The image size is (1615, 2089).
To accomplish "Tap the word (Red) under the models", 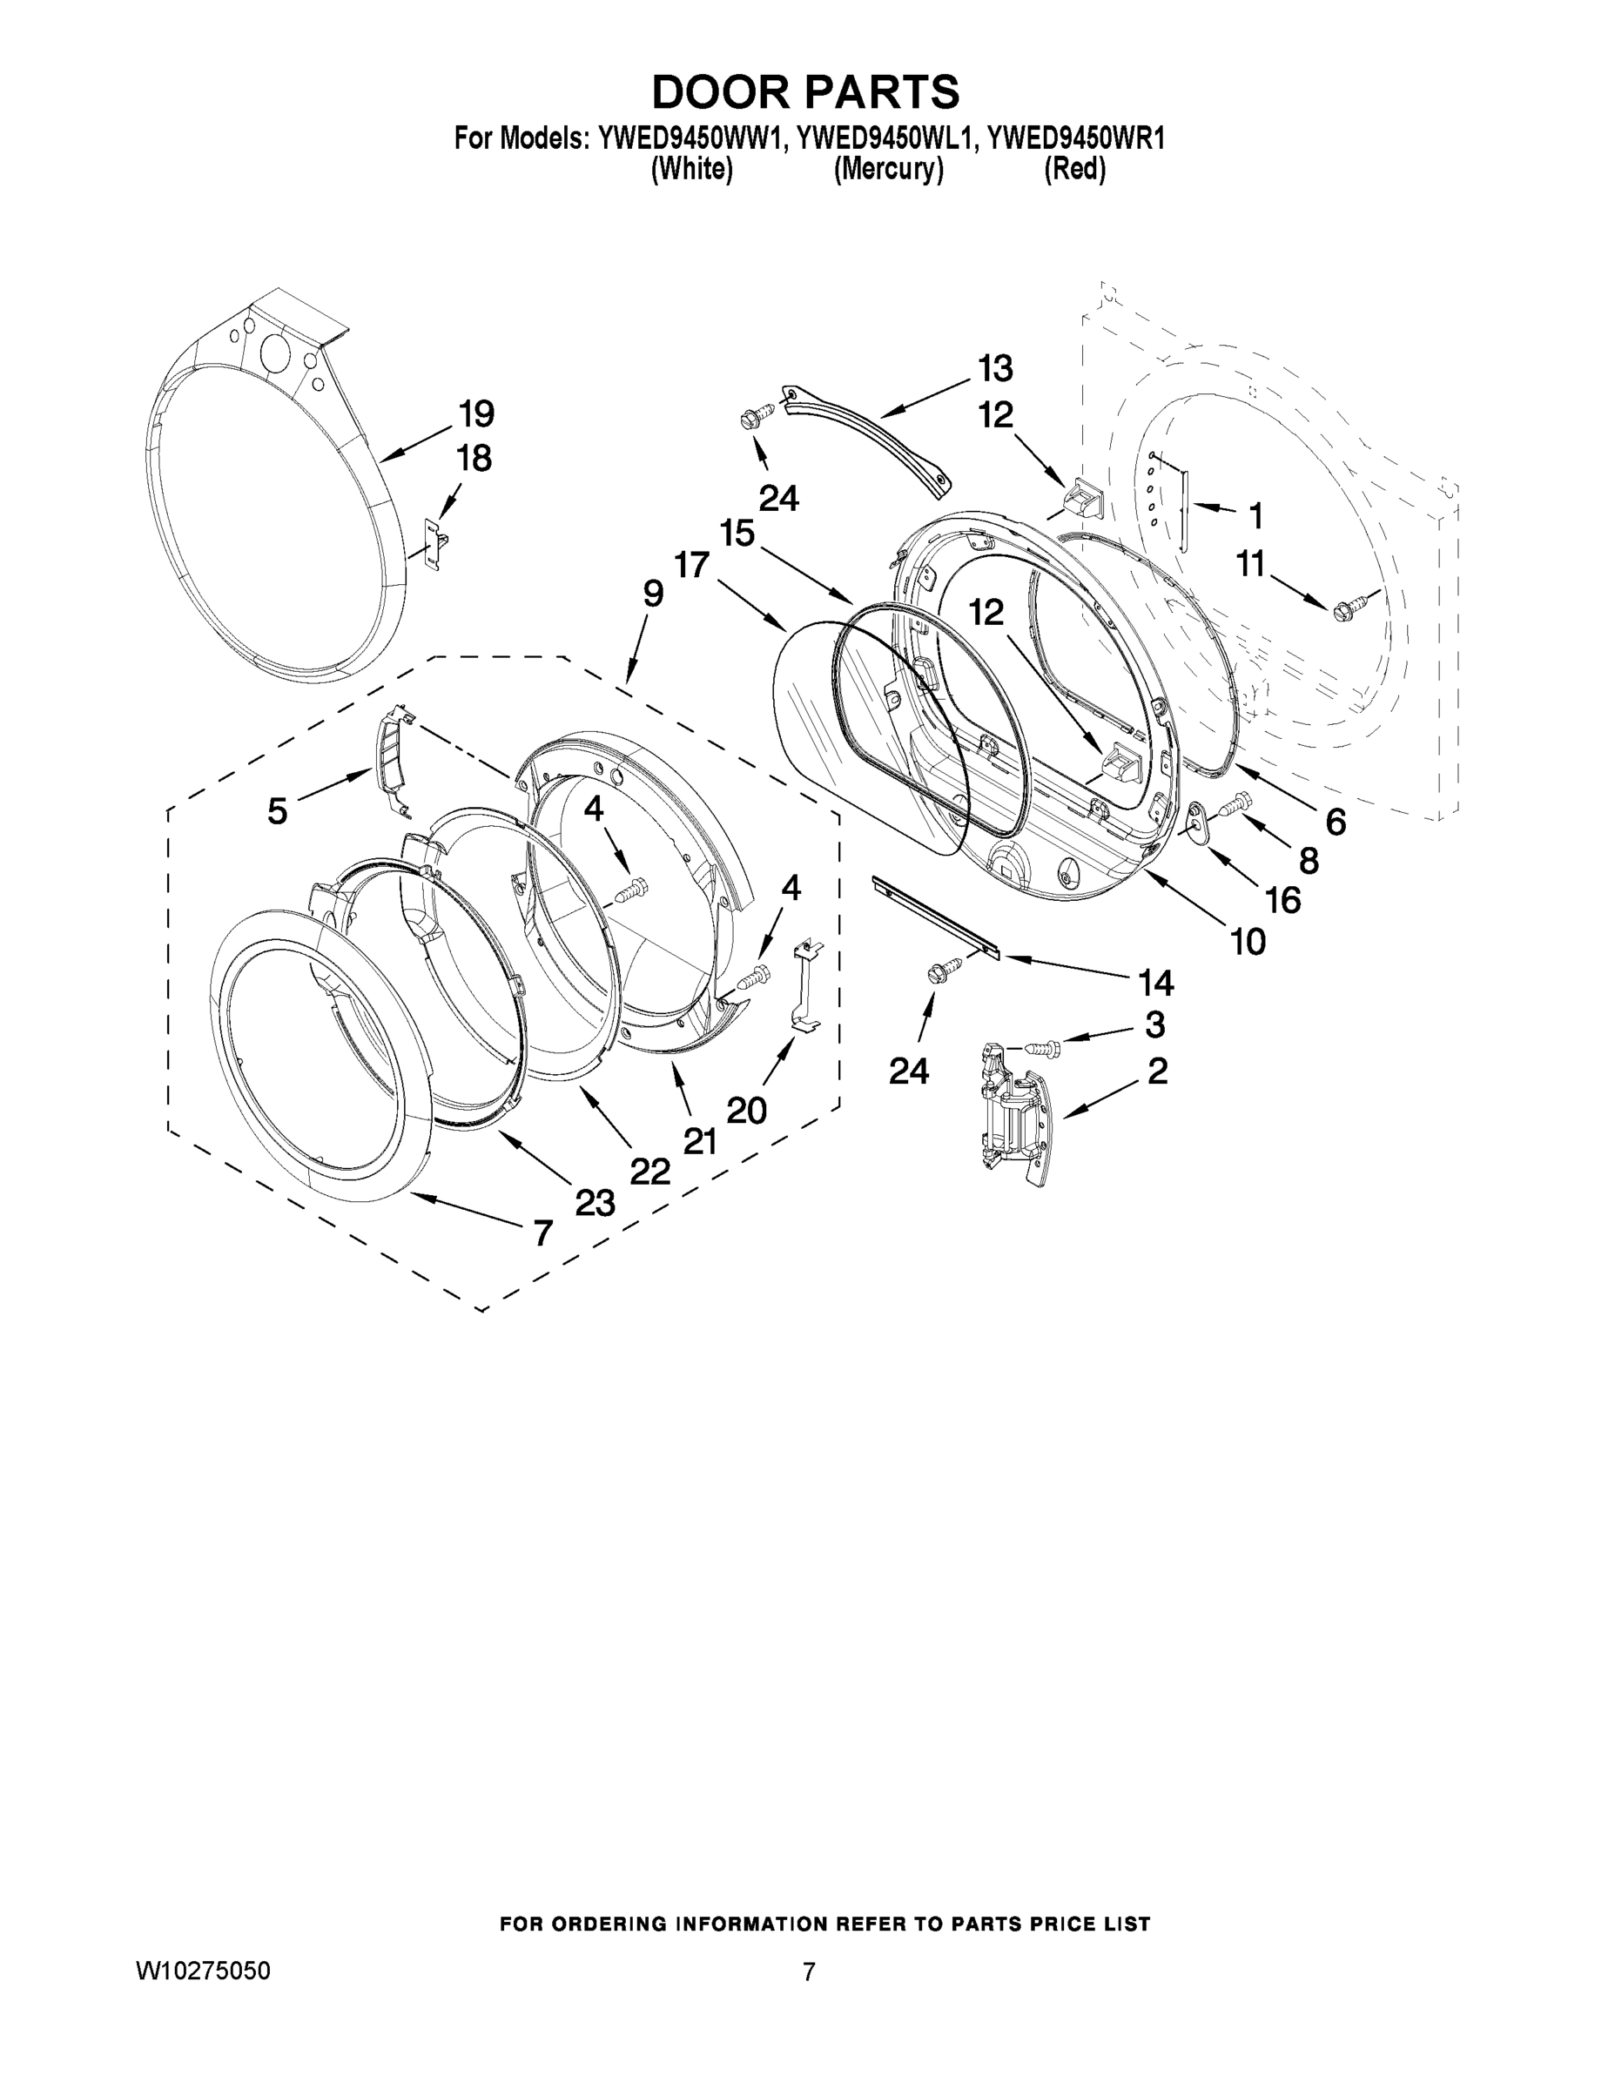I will point(1074,170).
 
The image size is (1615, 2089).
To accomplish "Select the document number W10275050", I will point(202,1971).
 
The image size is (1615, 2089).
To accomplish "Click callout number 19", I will point(475,414).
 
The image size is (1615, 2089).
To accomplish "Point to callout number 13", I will point(995,368).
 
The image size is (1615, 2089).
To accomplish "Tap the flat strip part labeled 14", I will point(935,917).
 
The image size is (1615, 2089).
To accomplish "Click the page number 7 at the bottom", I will point(809,1971).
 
